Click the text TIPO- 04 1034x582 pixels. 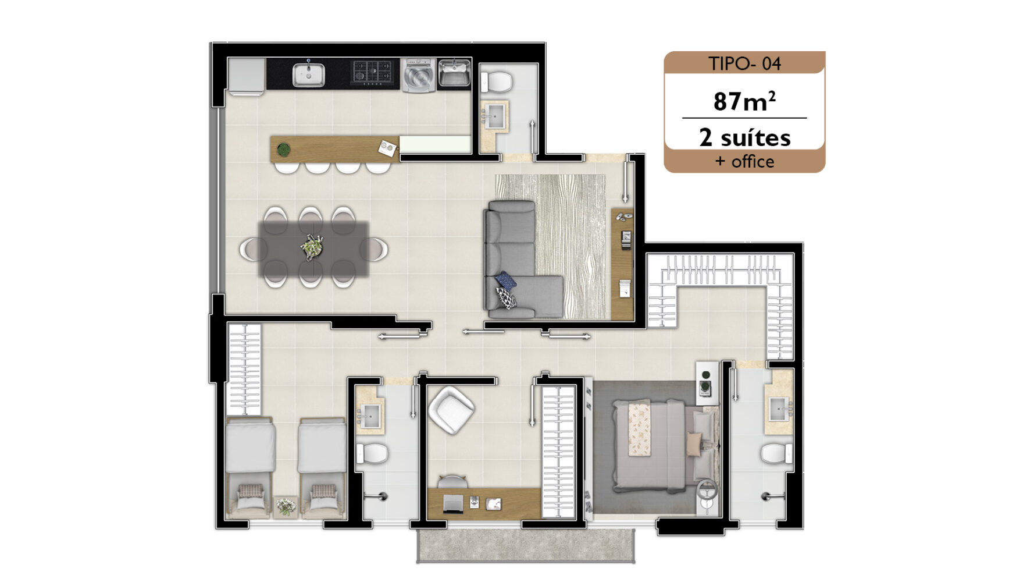tap(744, 63)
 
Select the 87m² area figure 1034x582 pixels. tap(744, 101)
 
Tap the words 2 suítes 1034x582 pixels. tap(745, 138)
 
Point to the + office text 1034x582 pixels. tap(745, 161)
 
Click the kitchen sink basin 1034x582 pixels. tap(308, 74)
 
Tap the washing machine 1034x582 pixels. tap(418, 74)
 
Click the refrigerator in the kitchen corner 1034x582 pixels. tap(247, 76)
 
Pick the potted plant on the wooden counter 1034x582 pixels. tap(283, 150)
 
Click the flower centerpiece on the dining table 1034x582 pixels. tap(313, 247)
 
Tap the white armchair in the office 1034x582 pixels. tap(451, 410)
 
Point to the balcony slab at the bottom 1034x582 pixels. tap(526, 545)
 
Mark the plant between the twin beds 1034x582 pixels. tap(286, 506)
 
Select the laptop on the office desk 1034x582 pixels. tap(453, 503)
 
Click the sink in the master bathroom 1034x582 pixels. tap(779, 409)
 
